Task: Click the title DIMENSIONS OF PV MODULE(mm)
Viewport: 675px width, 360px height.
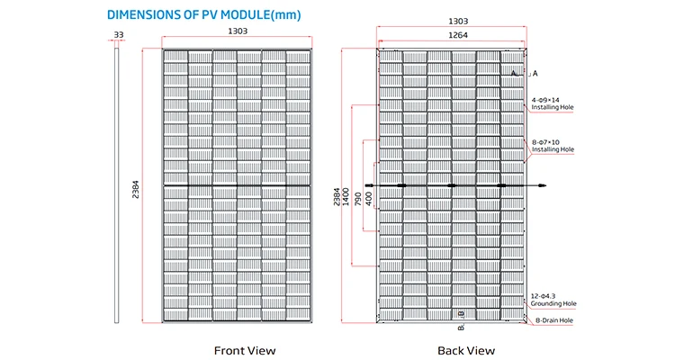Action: tap(203, 14)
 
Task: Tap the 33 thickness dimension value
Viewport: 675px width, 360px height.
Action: tap(119, 34)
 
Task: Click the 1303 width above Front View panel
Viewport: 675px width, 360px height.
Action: tap(238, 31)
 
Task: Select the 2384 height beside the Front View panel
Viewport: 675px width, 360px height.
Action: tap(136, 190)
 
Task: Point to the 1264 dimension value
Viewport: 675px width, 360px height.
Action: tap(458, 35)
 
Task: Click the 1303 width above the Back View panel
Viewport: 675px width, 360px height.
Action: tap(458, 21)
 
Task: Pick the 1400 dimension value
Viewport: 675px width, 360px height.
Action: tap(346, 196)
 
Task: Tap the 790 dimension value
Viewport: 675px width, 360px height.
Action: tap(357, 199)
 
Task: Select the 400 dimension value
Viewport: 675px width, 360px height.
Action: tap(368, 199)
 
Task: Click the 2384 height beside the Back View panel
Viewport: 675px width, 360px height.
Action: tap(337, 196)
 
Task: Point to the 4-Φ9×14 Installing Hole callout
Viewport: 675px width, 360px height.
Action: tap(553, 103)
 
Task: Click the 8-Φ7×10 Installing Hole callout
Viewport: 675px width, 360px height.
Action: tap(553, 146)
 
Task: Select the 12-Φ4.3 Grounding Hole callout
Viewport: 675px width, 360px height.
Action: tap(553, 300)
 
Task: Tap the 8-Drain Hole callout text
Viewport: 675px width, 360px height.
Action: tap(554, 320)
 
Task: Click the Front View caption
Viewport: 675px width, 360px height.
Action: tap(245, 350)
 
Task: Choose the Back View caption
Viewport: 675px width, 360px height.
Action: tap(466, 350)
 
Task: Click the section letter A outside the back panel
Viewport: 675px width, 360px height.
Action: tap(535, 74)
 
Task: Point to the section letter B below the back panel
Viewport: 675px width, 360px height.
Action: tap(461, 328)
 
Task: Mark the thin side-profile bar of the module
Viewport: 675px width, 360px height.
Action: tap(116, 185)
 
